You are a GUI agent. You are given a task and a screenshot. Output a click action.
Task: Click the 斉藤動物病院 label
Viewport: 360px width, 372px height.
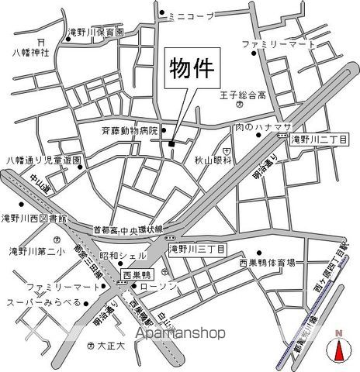(x=130, y=131)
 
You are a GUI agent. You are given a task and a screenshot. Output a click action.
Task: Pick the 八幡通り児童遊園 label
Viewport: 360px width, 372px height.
(x=44, y=160)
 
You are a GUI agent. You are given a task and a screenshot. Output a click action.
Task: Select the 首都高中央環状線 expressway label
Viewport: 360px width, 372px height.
(x=128, y=229)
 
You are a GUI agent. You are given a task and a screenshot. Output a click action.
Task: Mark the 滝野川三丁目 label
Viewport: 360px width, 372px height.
(x=197, y=249)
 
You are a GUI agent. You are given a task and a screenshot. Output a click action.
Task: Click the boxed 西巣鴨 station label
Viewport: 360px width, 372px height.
(x=139, y=274)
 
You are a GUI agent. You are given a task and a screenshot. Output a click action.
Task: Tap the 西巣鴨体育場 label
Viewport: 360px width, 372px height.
(x=267, y=263)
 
